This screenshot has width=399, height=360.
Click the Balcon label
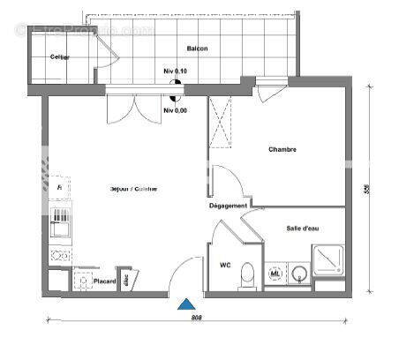(197, 49)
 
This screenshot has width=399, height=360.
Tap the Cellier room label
(60, 57)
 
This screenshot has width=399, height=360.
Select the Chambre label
(282, 149)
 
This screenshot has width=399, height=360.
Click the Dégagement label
(228, 205)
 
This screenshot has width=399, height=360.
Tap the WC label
(225, 265)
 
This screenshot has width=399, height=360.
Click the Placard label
(107, 281)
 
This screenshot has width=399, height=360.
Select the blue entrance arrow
(185, 304)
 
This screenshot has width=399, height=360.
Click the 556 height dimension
(365, 188)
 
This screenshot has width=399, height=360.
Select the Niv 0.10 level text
(175, 71)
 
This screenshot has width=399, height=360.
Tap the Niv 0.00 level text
(175, 110)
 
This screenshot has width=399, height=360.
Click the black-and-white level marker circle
(175, 86)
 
